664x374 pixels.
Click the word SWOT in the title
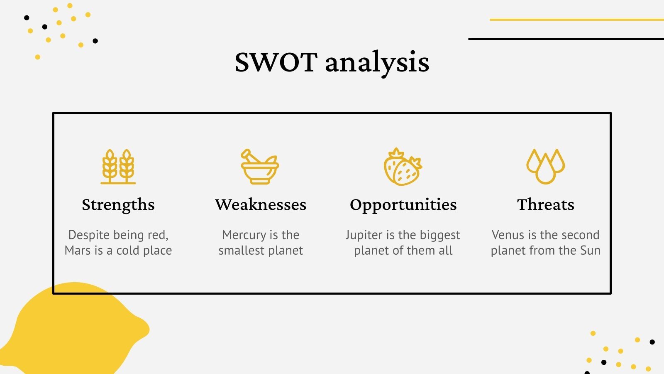[276, 62]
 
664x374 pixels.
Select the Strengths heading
[118, 204]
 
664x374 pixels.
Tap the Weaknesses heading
[261, 204]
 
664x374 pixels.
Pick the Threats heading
[546, 204]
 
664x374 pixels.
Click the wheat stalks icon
[118, 167]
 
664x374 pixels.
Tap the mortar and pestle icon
[260, 167]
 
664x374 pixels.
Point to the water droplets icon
[546, 166]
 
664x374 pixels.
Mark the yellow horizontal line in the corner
[577, 20]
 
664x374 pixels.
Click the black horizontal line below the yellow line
[566, 39]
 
